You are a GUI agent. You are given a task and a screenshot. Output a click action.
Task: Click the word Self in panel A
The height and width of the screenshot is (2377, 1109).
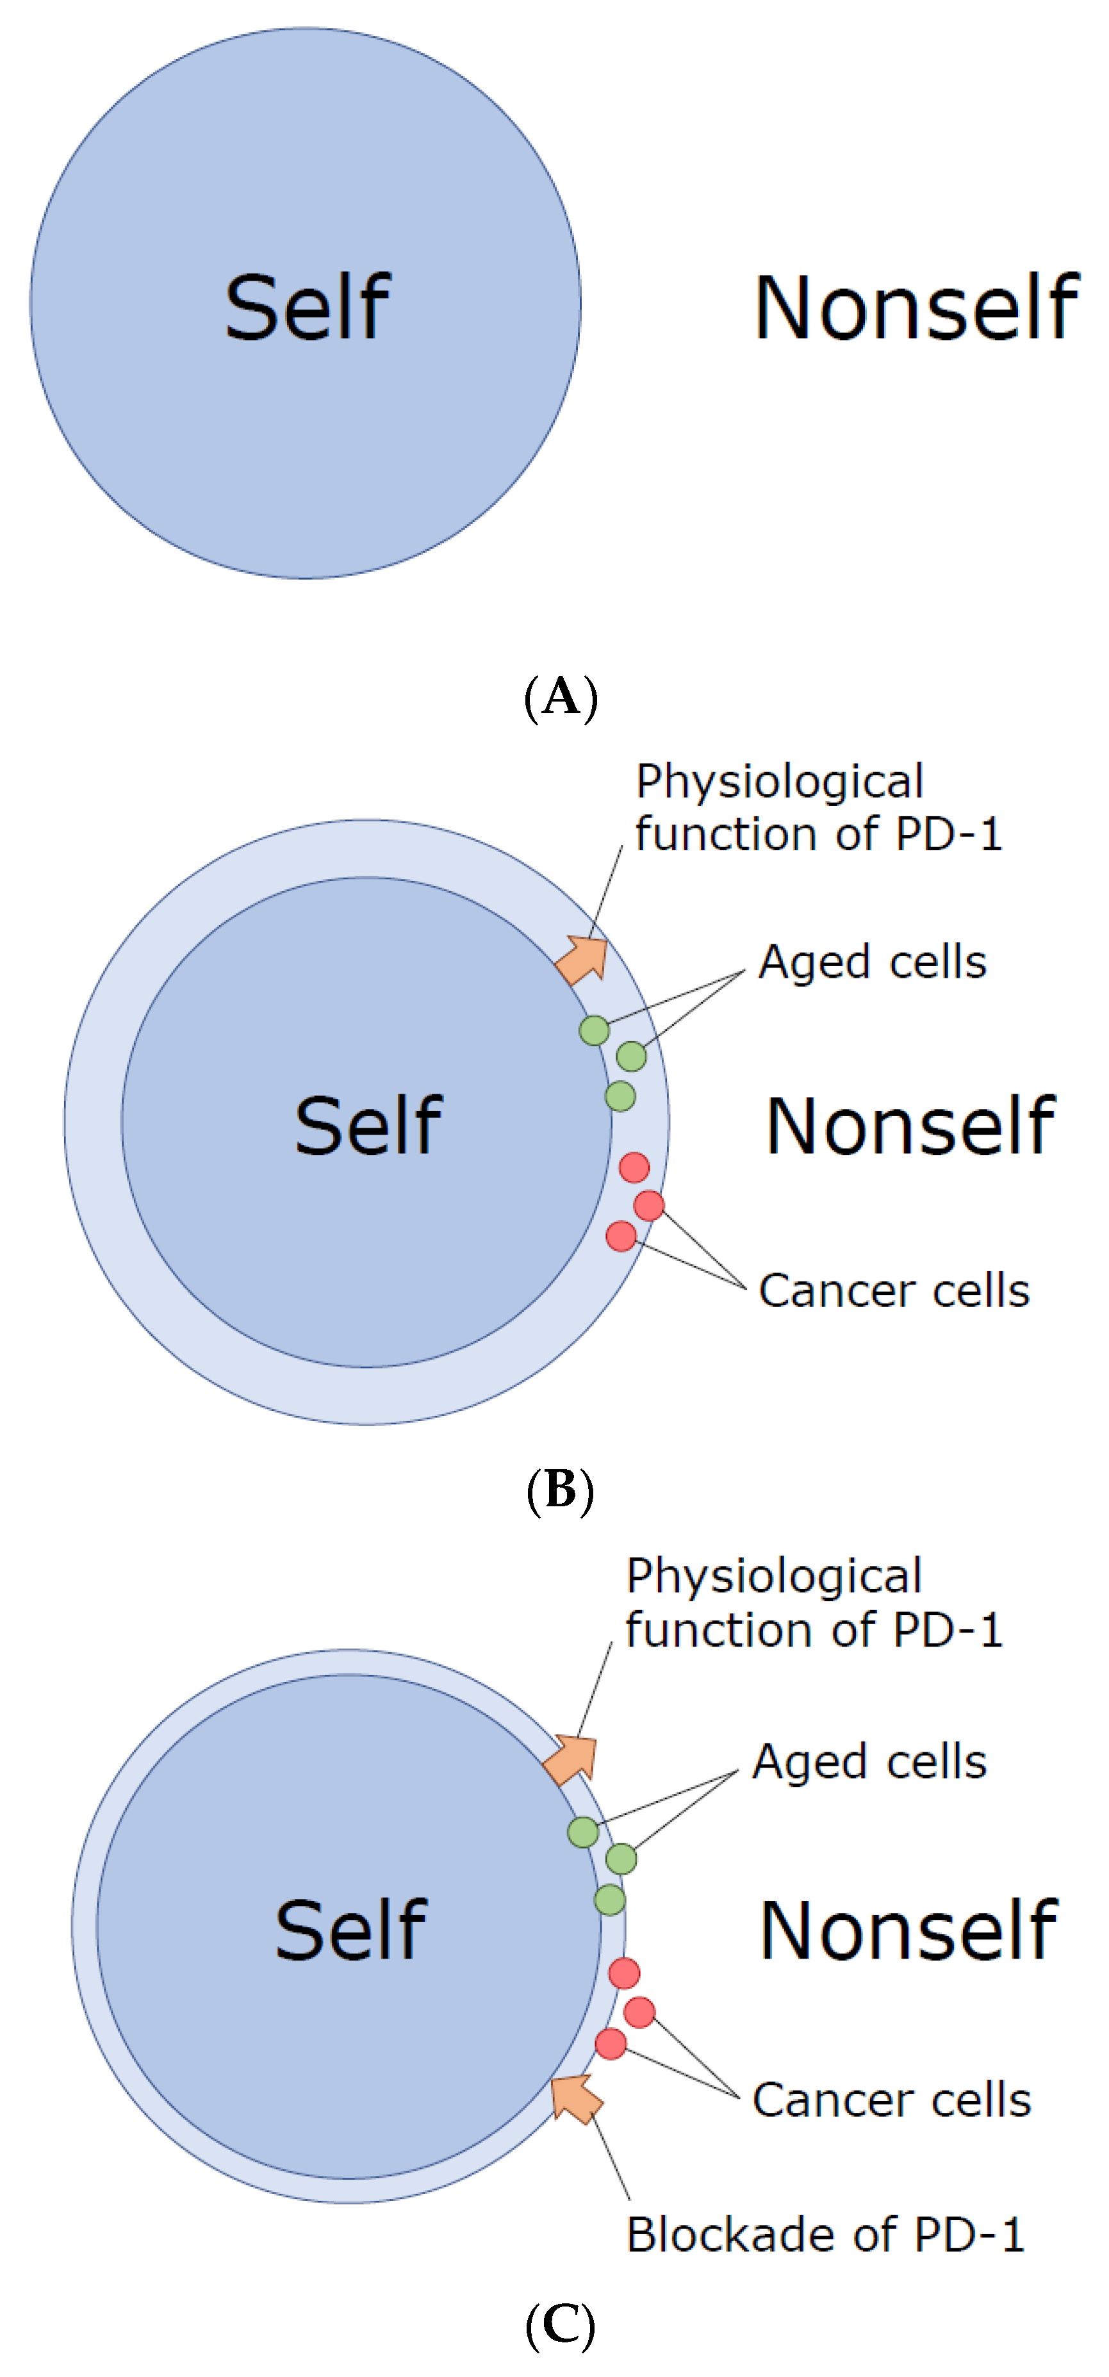(x=308, y=308)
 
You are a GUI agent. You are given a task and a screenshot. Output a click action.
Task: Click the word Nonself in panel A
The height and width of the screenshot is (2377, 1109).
(x=916, y=308)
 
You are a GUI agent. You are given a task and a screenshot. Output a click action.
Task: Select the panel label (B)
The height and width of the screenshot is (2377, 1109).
(x=560, y=1488)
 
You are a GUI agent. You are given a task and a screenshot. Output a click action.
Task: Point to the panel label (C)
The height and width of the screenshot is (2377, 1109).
(x=560, y=2325)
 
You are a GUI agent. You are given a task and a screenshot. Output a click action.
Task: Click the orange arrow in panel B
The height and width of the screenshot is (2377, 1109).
(x=583, y=960)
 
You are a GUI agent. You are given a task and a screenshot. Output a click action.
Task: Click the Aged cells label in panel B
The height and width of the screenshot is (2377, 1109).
(x=872, y=962)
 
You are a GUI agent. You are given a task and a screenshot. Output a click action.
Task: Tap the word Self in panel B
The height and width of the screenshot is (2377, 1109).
(x=368, y=1126)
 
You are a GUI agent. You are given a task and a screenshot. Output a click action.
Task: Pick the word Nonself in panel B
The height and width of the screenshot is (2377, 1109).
(x=910, y=1126)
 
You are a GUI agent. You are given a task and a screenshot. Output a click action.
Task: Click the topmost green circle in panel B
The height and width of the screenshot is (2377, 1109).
(x=594, y=1030)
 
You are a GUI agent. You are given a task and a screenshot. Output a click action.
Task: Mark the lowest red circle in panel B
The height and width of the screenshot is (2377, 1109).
(x=621, y=1235)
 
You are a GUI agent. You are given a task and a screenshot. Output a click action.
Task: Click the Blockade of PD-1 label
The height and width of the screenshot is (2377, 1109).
(x=825, y=2235)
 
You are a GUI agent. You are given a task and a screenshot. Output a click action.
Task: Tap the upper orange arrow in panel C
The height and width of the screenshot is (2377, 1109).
(x=571, y=1759)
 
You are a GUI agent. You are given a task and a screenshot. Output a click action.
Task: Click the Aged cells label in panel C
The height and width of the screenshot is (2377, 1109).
(x=869, y=1763)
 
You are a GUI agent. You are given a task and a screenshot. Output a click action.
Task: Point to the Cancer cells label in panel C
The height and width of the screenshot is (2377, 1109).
(x=891, y=2100)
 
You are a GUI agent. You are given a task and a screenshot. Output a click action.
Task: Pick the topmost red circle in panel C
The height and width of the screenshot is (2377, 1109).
(x=625, y=1974)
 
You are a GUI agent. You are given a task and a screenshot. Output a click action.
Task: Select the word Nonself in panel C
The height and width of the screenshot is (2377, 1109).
(x=908, y=1930)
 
